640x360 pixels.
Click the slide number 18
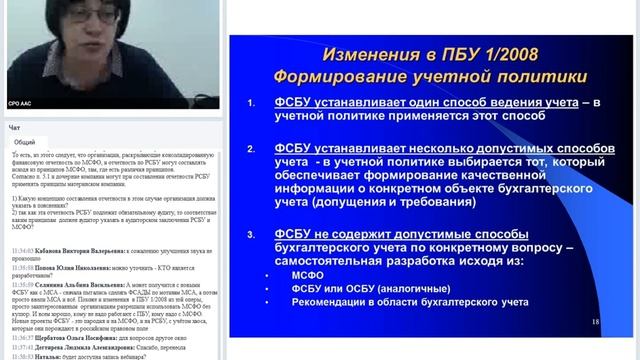click(595, 321)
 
